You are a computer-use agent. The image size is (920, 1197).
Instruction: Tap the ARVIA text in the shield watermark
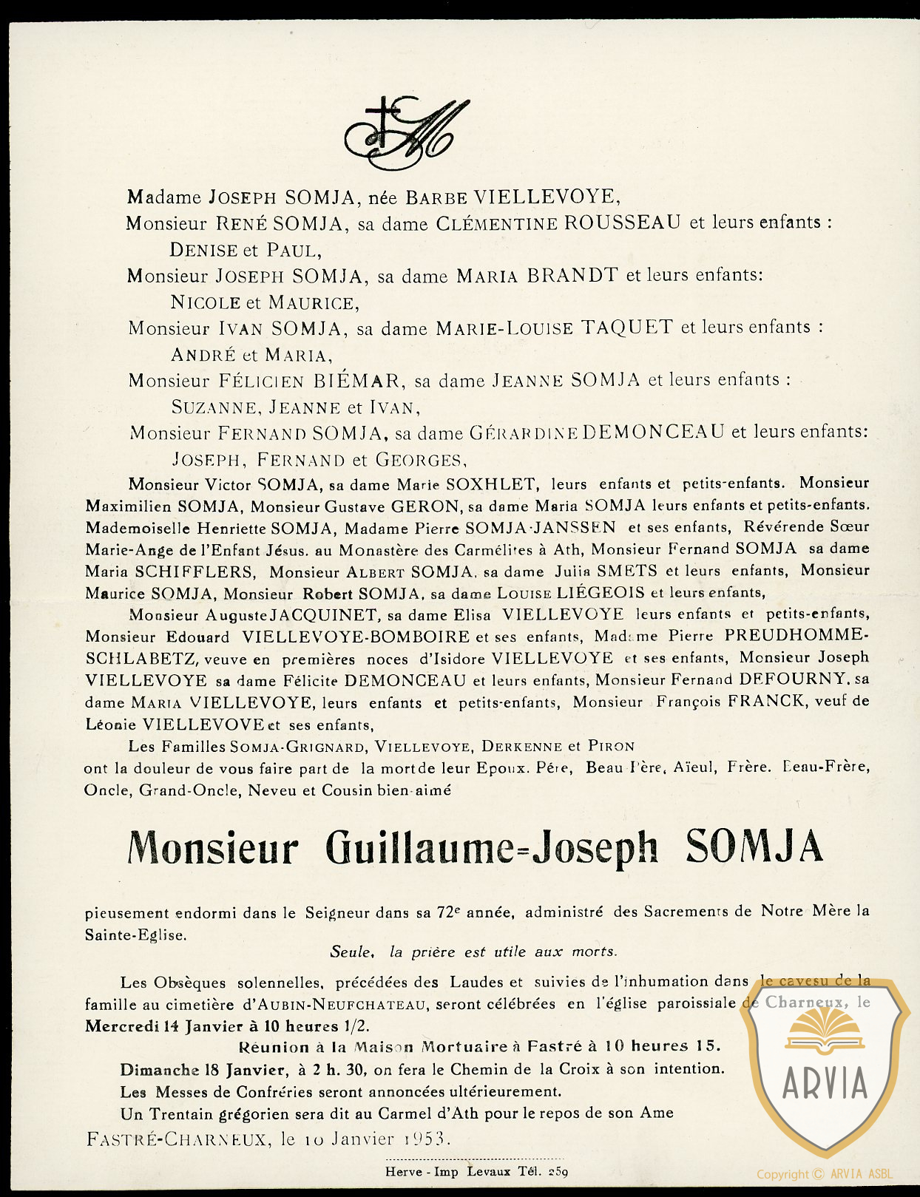[x=825, y=1084]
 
